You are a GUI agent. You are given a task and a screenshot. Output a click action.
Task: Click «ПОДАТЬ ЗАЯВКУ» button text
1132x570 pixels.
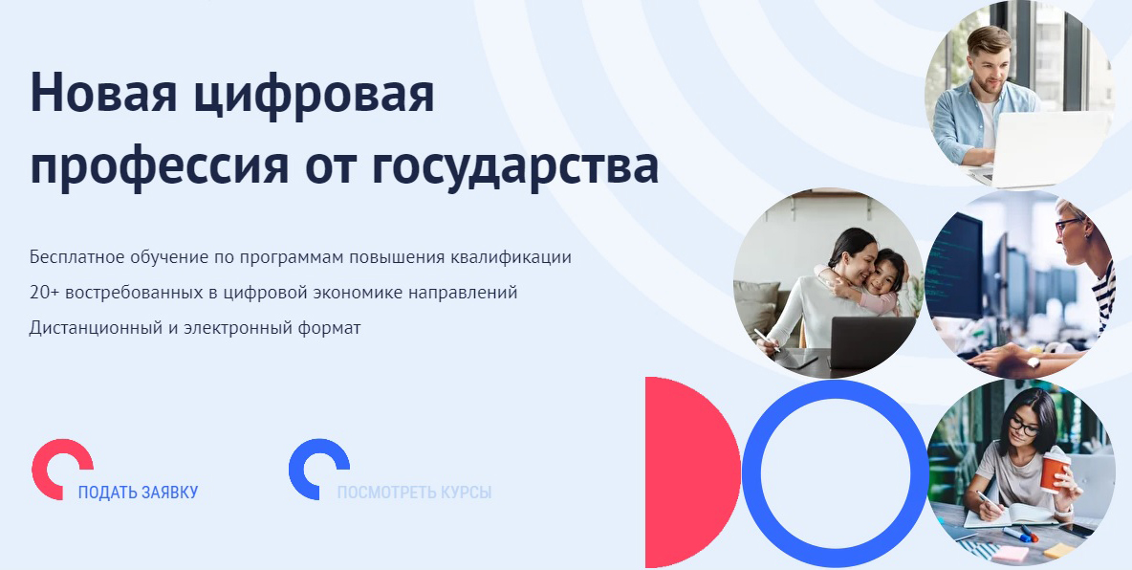pos(138,493)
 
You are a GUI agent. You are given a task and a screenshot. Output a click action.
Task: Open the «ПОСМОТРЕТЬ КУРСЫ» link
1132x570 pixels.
pos(414,493)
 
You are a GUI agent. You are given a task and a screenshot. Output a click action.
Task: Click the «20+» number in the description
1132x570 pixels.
pos(43,292)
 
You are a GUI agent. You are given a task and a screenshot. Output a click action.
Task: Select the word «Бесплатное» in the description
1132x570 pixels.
pos(76,257)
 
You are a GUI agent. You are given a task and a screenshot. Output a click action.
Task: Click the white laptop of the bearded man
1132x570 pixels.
pos(1047,148)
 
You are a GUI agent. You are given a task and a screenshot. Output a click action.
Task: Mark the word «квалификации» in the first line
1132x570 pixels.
pos(524,257)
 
